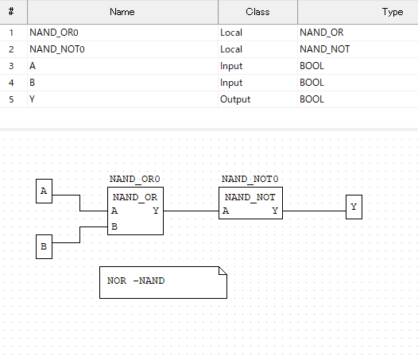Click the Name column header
point(122,12)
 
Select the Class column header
point(257,12)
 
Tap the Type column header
point(393,12)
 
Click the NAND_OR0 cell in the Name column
point(54,33)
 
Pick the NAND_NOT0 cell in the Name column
point(57,49)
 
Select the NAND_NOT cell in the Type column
point(325,49)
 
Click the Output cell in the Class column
point(235,99)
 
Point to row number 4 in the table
point(11,83)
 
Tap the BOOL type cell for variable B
point(312,83)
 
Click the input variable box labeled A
point(44,191)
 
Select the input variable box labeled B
point(44,246)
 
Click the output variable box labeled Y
point(354,207)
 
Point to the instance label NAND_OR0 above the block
point(134,179)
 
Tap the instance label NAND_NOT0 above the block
point(250,179)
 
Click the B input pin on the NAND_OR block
point(114,226)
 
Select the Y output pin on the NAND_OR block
point(156,211)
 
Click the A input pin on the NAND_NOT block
point(226,211)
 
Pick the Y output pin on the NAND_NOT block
point(275,211)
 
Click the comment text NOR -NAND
point(136,281)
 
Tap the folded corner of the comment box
point(223,271)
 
